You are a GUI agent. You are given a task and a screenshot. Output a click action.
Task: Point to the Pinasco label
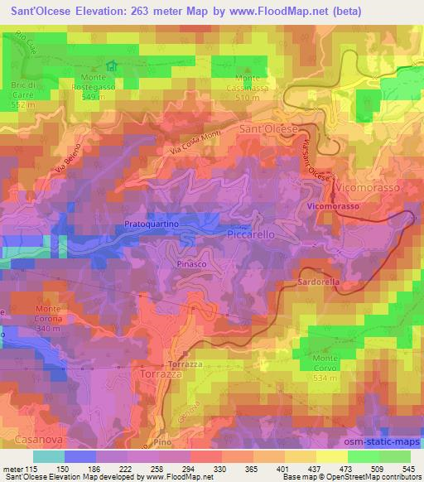click(x=191, y=262)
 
